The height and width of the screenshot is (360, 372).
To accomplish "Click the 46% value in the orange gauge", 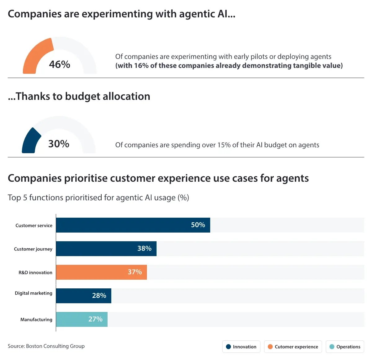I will pyautogui.click(x=60, y=64).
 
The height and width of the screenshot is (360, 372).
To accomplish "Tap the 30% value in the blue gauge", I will pyautogui.click(x=59, y=144).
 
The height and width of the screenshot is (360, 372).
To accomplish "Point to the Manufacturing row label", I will pyautogui.click(x=36, y=319).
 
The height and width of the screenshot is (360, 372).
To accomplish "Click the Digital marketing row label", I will pyautogui.click(x=33, y=293).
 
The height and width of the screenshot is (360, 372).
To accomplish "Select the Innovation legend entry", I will pyautogui.click(x=241, y=347).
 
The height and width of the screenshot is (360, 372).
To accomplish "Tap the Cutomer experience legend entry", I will pyautogui.click(x=293, y=347).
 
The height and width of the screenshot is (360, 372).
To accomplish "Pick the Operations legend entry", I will pyautogui.click(x=345, y=347).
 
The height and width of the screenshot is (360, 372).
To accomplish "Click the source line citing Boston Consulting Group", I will pyautogui.click(x=46, y=346).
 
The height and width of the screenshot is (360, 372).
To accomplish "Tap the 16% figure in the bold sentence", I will pyautogui.click(x=141, y=66).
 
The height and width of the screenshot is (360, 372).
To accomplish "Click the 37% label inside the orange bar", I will pyautogui.click(x=135, y=272).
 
